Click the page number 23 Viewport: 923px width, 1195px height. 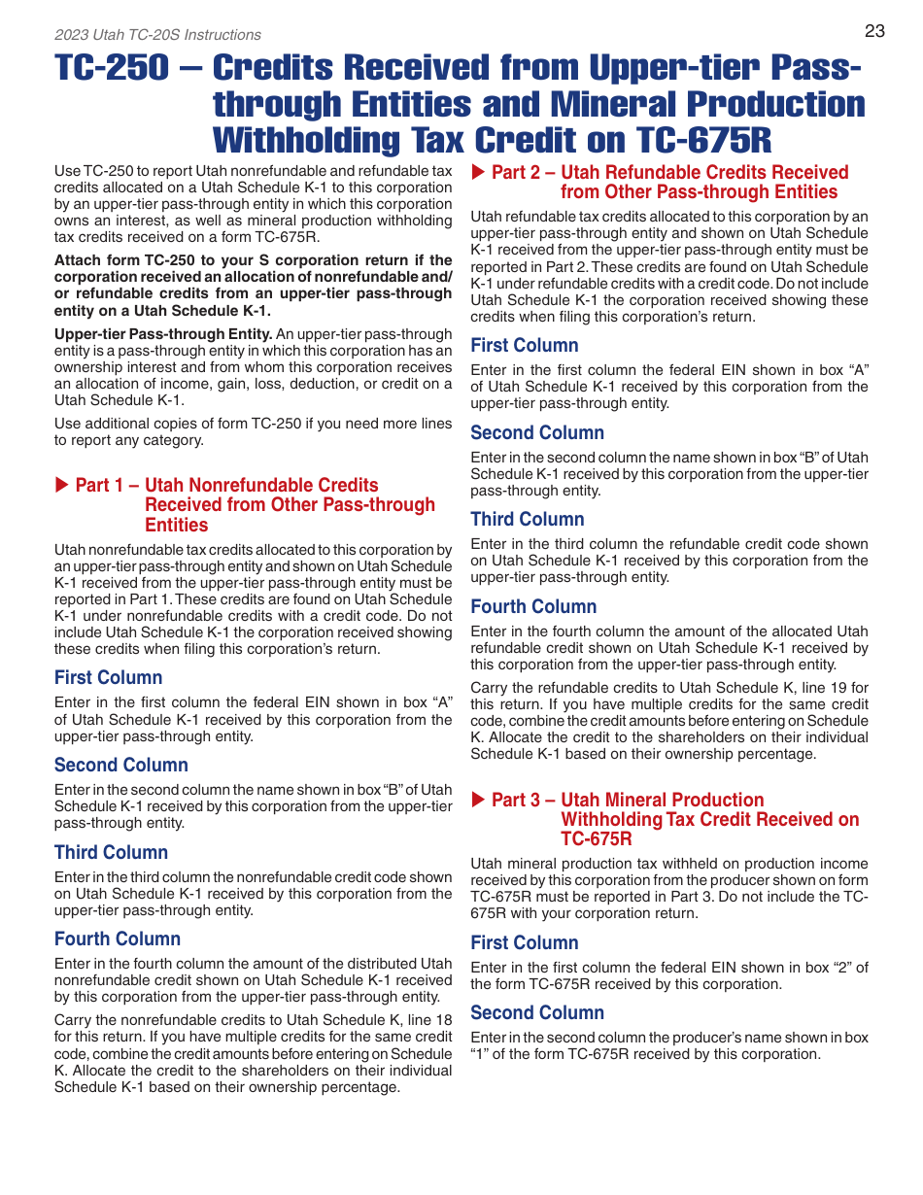[874, 31]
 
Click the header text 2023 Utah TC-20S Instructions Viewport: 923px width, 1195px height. [157, 35]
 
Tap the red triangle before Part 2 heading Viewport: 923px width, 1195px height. [478, 172]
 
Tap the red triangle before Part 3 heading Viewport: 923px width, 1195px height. [478, 800]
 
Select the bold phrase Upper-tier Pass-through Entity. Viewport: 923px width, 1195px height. [162, 334]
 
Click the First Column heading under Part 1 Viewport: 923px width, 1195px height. [108, 677]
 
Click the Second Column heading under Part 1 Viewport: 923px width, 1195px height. [120, 765]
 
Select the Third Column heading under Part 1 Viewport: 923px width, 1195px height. [111, 852]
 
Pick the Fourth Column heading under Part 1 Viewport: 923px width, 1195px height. [117, 939]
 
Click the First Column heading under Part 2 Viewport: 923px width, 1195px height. [524, 345]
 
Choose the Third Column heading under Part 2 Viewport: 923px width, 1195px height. [527, 519]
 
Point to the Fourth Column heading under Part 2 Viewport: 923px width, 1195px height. [533, 606]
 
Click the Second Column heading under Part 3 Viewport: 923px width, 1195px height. [536, 1012]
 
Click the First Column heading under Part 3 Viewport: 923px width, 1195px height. [524, 942]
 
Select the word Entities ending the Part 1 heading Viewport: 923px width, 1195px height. [176, 525]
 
